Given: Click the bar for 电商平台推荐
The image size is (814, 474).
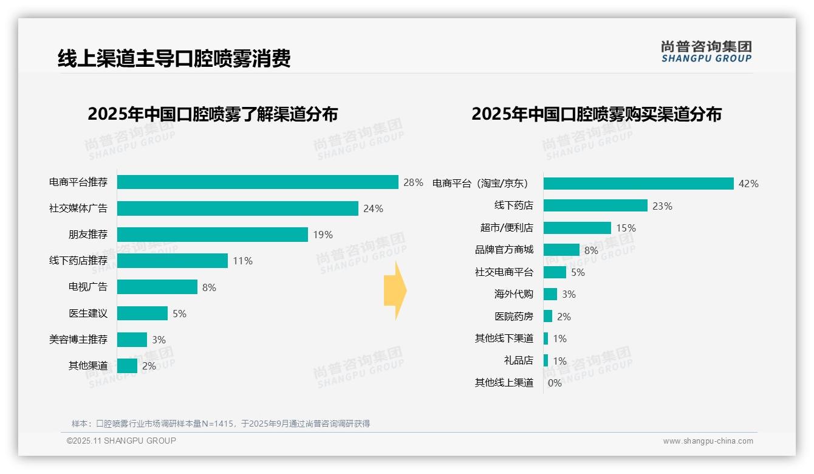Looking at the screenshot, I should [x=258, y=182].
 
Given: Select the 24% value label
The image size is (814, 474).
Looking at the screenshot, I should [x=373, y=208].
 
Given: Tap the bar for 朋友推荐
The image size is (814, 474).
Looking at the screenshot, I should [x=213, y=235].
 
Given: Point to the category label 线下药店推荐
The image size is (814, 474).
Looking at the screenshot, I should [x=78, y=261].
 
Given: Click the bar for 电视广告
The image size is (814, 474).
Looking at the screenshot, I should [x=157, y=287].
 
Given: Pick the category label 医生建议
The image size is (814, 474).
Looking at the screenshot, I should [x=88, y=314].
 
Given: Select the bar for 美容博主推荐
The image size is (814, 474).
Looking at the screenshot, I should [x=132, y=340].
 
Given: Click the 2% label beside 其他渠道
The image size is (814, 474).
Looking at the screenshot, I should [x=149, y=366].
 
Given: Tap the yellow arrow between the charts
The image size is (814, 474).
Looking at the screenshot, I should [x=395, y=290].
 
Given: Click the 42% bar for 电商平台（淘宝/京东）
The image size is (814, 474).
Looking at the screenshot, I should [x=638, y=184].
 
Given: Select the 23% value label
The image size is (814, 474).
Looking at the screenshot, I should [x=662, y=206].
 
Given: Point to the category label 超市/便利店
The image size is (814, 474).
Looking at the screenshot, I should [x=507, y=228].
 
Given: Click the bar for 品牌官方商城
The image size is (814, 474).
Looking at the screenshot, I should [x=561, y=250].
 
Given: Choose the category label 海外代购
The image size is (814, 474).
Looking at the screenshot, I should [x=514, y=294].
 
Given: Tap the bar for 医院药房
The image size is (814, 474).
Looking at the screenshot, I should [x=548, y=316].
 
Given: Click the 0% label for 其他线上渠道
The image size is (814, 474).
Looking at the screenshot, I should [x=555, y=383].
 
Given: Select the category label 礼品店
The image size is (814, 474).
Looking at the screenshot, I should [x=519, y=360].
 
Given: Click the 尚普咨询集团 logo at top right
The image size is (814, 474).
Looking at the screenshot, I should [x=706, y=52].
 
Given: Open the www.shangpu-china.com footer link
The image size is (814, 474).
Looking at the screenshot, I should [x=708, y=441].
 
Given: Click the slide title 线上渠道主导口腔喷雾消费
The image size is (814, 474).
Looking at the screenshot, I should [x=174, y=58].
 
